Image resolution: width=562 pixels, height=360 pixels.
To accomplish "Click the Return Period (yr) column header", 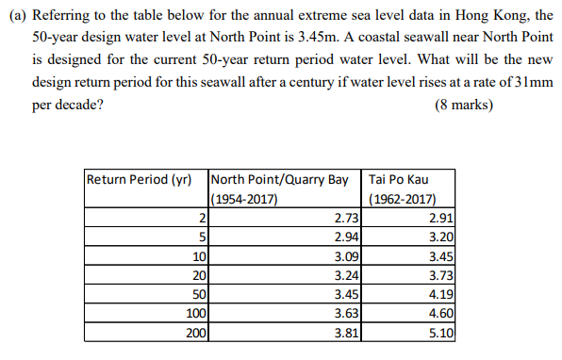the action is pyautogui.click(x=142, y=179).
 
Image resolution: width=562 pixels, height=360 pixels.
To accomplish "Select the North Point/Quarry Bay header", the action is pyautogui.click(x=280, y=179).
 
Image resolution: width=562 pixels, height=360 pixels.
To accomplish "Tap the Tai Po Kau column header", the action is pyautogui.click(x=402, y=179).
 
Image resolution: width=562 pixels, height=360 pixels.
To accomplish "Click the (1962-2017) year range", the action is pyautogui.click(x=403, y=198).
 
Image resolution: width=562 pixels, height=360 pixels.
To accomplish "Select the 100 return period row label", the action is pyautogui.click(x=193, y=313).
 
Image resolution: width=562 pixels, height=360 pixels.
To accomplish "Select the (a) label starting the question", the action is pyautogui.click(x=18, y=14).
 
